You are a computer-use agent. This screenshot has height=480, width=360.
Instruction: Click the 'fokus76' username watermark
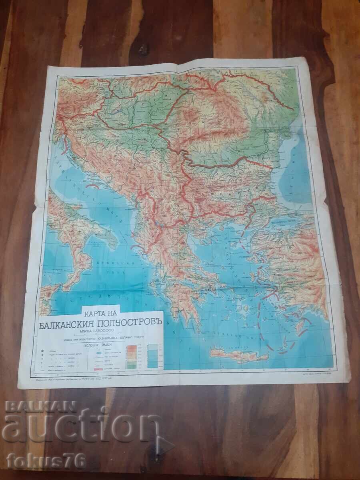point(46,461)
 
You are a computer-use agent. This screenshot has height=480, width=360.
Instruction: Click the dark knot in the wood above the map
point(143,49)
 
